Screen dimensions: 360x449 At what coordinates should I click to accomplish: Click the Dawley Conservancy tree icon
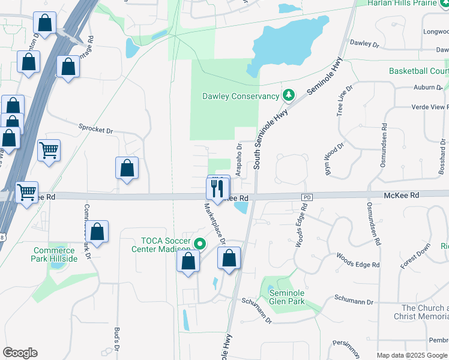point(289,95)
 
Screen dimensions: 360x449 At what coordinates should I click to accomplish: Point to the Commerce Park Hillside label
point(55,254)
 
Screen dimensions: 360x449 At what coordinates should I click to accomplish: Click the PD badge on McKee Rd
point(307,197)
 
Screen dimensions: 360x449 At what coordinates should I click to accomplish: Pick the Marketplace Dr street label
point(214,224)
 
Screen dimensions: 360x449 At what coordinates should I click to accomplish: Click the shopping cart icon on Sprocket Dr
point(49,150)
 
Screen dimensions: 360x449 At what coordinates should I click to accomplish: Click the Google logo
point(20,353)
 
